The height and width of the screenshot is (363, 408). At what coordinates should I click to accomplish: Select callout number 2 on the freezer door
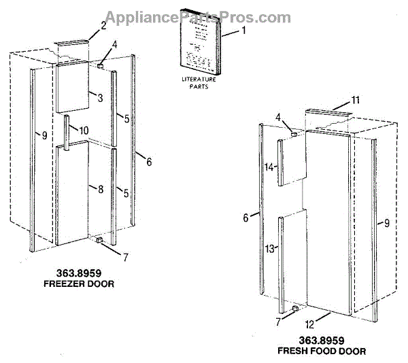pos(103,26)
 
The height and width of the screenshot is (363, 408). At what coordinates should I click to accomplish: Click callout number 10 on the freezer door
pos(83,130)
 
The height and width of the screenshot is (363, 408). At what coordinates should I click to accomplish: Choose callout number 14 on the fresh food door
pos(270,167)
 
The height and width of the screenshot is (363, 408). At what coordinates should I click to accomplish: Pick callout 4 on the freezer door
pos(114,45)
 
